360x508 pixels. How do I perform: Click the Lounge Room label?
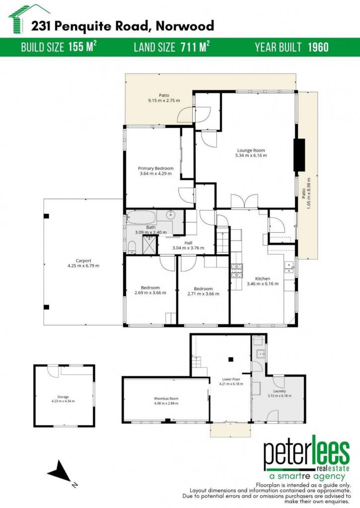(x=251, y=150)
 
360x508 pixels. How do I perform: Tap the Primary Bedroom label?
(x=156, y=169)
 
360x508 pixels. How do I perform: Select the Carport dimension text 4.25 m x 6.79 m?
(x=83, y=266)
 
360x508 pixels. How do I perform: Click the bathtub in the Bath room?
(x=142, y=217)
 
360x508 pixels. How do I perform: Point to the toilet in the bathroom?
(x=132, y=248)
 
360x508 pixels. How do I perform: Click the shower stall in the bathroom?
(x=149, y=245)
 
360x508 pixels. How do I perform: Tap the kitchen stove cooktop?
(x=237, y=271)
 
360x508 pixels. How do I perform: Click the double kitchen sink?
(x=289, y=267)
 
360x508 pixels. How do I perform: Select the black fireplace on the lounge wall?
(x=299, y=155)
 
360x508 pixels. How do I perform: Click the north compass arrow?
(x=60, y=471)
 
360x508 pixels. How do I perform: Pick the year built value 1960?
(x=318, y=47)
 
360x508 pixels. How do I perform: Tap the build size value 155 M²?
(x=82, y=47)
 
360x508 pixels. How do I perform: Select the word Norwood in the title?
(x=185, y=26)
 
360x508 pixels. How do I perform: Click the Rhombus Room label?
(x=166, y=399)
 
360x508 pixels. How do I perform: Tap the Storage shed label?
(x=63, y=397)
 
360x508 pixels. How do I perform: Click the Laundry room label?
(x=280, y=391)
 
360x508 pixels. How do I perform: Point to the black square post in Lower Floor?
(x=231, y=359)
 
